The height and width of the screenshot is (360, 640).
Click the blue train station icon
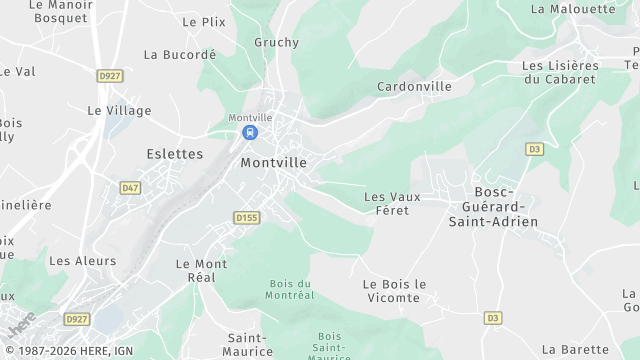(250, 132)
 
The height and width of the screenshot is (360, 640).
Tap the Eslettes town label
(174, 154)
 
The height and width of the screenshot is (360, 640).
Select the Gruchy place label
(277, 42)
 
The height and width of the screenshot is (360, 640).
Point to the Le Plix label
(204, 21)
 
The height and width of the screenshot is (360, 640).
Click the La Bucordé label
(180, 55)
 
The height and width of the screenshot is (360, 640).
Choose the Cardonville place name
(414, 87)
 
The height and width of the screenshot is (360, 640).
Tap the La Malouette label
(573, 9)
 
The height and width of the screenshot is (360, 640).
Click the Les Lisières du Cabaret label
(561, 72)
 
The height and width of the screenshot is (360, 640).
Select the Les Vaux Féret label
(392, 203)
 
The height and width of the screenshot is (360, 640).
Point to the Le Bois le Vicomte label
(394, 291)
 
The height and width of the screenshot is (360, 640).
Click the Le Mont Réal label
(201, 270)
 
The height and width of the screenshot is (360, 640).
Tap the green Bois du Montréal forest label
(291, 289)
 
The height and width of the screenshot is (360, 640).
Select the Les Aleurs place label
(82, 261)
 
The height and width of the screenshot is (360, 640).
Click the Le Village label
(119, 110)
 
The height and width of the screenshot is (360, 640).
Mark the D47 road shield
(130, 187)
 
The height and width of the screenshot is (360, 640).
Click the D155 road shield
(246, 216)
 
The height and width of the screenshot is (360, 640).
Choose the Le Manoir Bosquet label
(62, 12)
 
